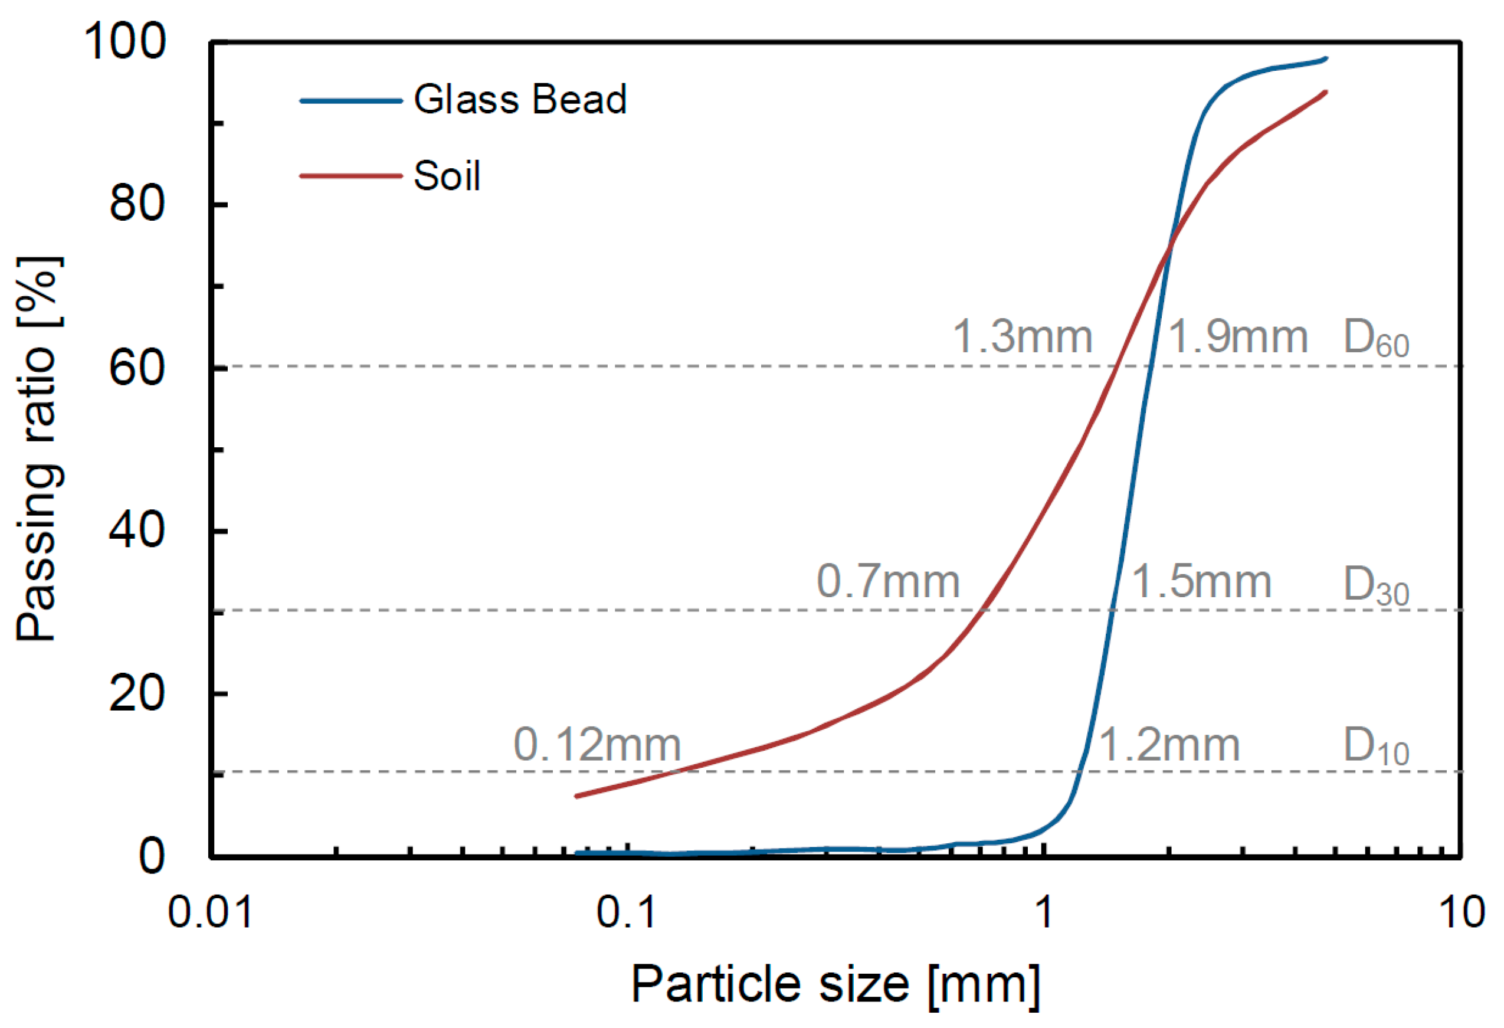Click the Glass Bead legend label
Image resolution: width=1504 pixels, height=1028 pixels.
520,100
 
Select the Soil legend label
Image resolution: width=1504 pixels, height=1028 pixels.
447,175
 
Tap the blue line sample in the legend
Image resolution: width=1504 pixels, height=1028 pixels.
350,101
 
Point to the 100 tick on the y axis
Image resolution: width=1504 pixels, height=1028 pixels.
125,41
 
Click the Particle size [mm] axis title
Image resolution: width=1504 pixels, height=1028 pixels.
835,985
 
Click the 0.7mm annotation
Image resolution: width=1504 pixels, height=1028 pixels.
887,581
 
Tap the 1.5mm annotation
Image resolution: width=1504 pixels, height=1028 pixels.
1201,581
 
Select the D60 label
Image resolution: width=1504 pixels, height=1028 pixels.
1376,339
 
